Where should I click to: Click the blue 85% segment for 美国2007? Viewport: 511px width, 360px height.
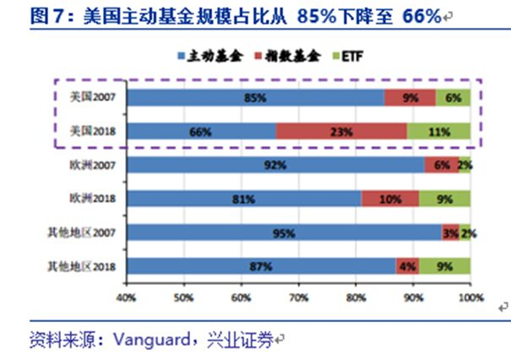(x=256, y=97)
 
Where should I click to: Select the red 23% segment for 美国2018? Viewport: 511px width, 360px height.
(x=341, y=132)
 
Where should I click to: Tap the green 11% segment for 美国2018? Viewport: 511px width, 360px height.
(x=438, y=132)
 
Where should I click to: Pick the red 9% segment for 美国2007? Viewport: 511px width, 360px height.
(x=410, y=97)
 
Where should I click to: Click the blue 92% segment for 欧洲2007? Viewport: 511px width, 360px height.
(x=276, y=165)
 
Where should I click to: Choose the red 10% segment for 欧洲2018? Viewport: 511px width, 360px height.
(x=390, y=199)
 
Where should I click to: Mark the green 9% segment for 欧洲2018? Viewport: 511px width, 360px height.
(x=445, y=199)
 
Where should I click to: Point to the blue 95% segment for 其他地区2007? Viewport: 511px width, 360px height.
(x=285, y=232)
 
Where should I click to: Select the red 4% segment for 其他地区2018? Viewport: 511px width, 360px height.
(x=407, y=266)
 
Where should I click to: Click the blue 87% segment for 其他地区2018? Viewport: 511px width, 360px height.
(x=261, y=266)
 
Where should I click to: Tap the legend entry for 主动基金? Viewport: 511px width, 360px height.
(x=210, y=57)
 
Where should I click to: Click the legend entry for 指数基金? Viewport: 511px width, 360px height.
(x=288, y=57)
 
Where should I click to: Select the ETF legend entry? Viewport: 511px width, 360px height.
(x=348, y=57)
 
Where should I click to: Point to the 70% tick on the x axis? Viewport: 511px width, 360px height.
(x=299, y=283)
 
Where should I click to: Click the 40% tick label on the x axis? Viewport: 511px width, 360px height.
(x=126, y=297)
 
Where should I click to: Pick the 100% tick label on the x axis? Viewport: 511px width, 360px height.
(x=471, y=297)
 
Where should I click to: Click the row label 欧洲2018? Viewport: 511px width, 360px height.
(x=93, y=199)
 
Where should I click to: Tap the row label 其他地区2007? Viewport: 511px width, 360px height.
(x=81, y=232)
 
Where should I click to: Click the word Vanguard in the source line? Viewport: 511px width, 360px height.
(x=151, y=340)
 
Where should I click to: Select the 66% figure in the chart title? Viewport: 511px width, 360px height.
(x=421, y=16)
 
